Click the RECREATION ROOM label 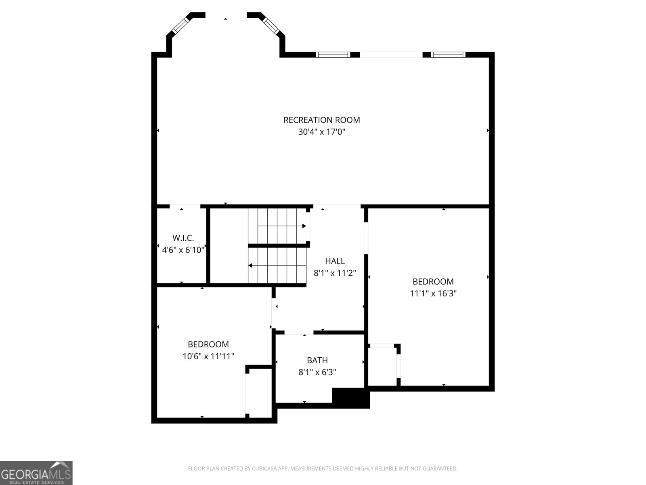click(x=321, y=120)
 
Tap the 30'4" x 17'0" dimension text click(x=321, y=132)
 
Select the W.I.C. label click(x=183, y=238)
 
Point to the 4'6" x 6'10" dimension click(x=183, y=250)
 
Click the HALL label click(x=335, y=261)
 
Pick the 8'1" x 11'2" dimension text click(x=335, y=273)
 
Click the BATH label click(x=317, y=360)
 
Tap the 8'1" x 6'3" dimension click(x=317, y=372)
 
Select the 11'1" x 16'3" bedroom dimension click(x=433, y=293)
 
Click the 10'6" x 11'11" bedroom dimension click(x=208, y=356)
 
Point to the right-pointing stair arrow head click(x=304, y=226)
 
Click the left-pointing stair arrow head click(x=250, y=266)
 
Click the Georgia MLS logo click(x=36, y=472)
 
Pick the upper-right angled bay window click(x=271, y=26)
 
